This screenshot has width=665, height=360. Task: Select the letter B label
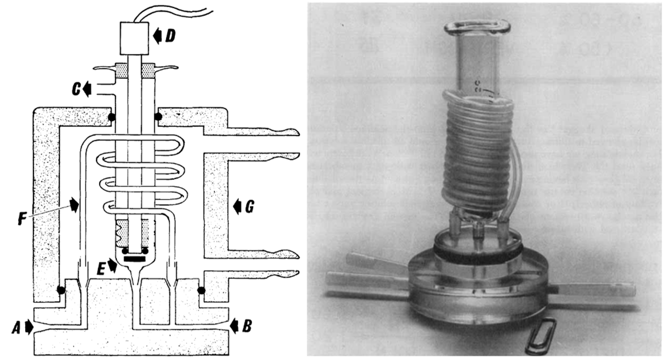click(x=247, y=325)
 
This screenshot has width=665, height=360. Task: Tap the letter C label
click(x=76, y=89)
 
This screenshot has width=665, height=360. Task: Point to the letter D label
click(x=170, y=36)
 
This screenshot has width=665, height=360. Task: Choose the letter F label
click(x=22, y=219)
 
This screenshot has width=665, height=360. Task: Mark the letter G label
click(x=249, y=207)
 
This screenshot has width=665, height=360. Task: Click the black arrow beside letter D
click(x=157, y=36)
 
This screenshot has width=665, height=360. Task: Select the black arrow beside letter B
click(x=234, y=325)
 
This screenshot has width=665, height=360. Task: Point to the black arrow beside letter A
click(x=29, y=327)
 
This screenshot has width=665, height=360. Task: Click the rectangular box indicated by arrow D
click(x=135, y=38)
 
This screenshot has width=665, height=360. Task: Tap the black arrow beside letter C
click(x=87, y=89)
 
